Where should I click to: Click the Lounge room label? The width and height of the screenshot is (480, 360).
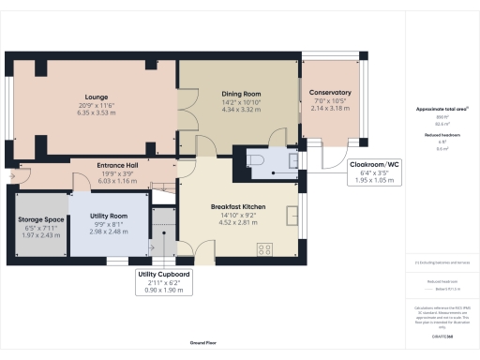(96, 97)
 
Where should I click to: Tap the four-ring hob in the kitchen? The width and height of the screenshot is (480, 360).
(264, 248)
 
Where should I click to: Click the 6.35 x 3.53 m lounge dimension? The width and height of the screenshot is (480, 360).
(96, 112)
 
